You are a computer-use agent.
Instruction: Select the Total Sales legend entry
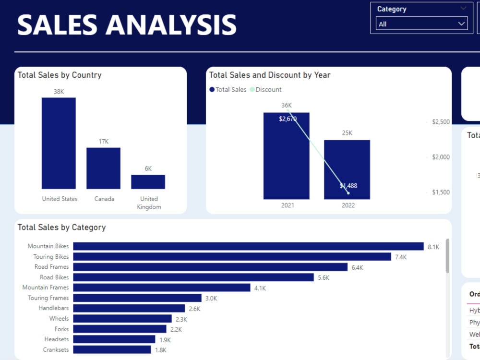(x=228, y=90)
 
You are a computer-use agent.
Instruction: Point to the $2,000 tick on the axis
(x=441, y=157)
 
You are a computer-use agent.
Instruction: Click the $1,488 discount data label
(x=348, y=186)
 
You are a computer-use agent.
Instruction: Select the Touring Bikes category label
(x=51, y=257)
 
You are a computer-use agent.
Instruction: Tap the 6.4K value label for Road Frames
(x=357, y=267)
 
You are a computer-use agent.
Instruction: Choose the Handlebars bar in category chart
(x=129, y=308)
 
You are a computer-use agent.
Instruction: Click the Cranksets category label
(x=56, y=350)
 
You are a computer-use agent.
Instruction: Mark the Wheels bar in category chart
(x=122, y=319)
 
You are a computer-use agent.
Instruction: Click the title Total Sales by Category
(x=61, y=228)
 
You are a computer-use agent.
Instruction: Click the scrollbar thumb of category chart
(x=447, y=256)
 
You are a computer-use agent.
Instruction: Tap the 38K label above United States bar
(x=59, y=91)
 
